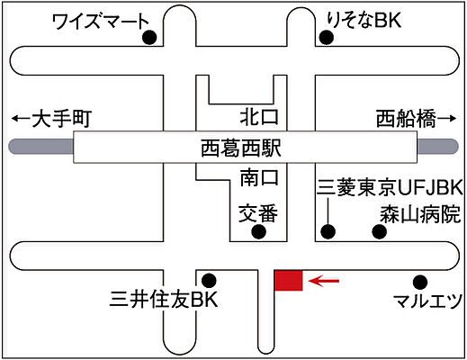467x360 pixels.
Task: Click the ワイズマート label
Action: (x=101, y=21)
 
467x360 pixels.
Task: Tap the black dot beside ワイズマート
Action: (x=149, y=38)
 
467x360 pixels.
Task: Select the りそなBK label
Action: (x=364, y=20)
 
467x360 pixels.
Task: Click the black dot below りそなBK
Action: (x=327, y=38)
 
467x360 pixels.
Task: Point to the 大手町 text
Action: (x=61, y=119)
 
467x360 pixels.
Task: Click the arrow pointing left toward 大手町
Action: (x=21, y=119)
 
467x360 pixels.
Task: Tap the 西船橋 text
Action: (x=406, y=119)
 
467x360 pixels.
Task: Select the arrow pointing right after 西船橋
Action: (x=446, y=119)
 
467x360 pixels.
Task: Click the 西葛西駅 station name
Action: (x=241, y=148)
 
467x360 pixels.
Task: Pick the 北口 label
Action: (x=259, y=116)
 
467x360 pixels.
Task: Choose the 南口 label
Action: (x=259, y=177)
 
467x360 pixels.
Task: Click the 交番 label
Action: (x=258, y=213)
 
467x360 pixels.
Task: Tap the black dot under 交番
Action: (x=258, y=231)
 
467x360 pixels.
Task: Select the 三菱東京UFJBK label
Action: (x=390, y=188)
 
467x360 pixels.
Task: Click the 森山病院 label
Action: (x=420, y=214)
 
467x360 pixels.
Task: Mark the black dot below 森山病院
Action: (x=380, y=231)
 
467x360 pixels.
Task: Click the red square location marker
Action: (x=289, y=281)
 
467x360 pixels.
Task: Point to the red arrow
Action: (x=324, y=281)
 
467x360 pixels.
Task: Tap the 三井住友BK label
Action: (x=164, y=300)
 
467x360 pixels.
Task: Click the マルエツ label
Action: (x=427, y=301)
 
